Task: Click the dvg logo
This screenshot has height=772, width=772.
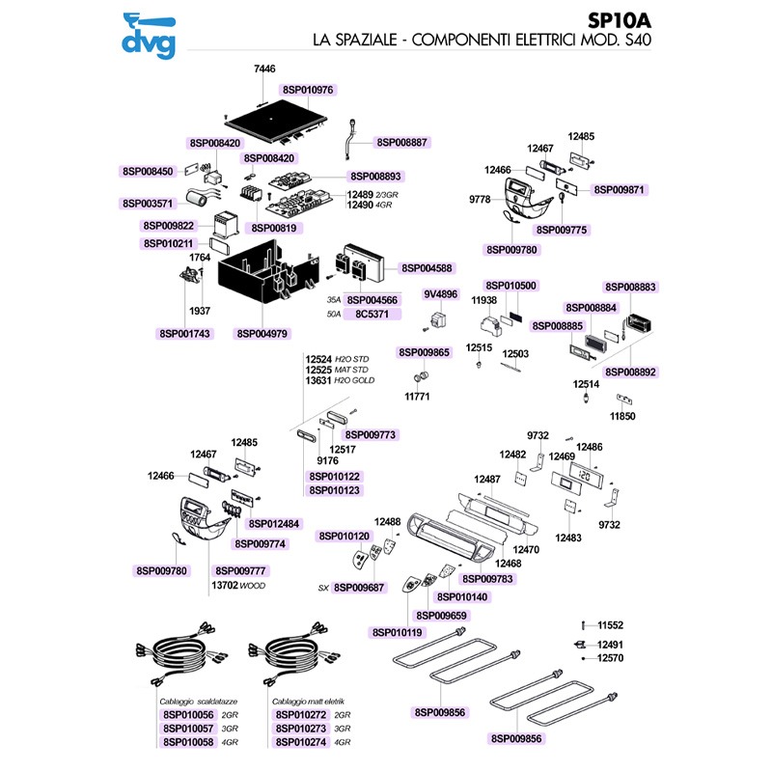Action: pos(146,35)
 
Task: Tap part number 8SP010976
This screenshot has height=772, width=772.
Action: pos(308,90)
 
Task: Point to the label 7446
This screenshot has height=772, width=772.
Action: pos(264,69)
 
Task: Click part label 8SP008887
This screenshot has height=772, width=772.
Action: pos(403,142)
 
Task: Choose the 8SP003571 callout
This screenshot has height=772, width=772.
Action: pos(148,204)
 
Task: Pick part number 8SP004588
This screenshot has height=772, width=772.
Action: pos(427,267)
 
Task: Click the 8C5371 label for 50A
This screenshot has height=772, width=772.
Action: pos(372,315)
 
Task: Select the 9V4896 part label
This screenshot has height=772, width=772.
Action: pos(440,293)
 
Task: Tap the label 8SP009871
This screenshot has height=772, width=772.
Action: pos(620,190)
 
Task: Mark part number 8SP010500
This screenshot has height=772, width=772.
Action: pos(510,286)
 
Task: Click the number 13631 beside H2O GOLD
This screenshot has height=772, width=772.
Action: pos(318,381)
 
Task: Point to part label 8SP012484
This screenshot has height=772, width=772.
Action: pos(274,524)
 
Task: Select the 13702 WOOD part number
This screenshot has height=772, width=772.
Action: pos(224,586)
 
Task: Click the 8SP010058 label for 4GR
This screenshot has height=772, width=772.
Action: pos(188,742)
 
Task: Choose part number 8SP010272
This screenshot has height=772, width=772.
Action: pos(302,715)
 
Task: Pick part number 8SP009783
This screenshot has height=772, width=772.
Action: pos(489,579)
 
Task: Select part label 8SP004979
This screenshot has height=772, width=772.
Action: pos(262,333)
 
